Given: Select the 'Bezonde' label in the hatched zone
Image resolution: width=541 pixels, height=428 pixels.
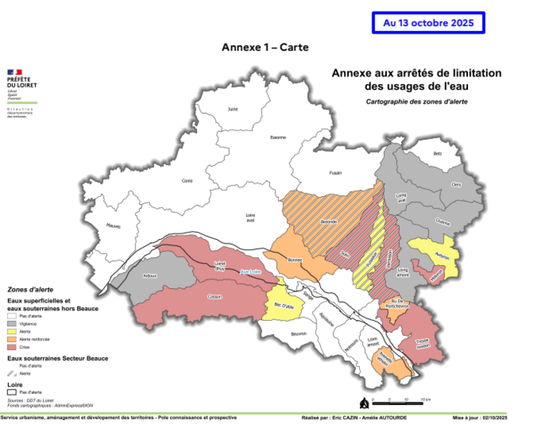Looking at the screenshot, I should tap(328, 222).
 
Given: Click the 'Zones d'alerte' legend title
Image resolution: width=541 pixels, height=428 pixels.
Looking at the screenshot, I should tap(27, 288).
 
